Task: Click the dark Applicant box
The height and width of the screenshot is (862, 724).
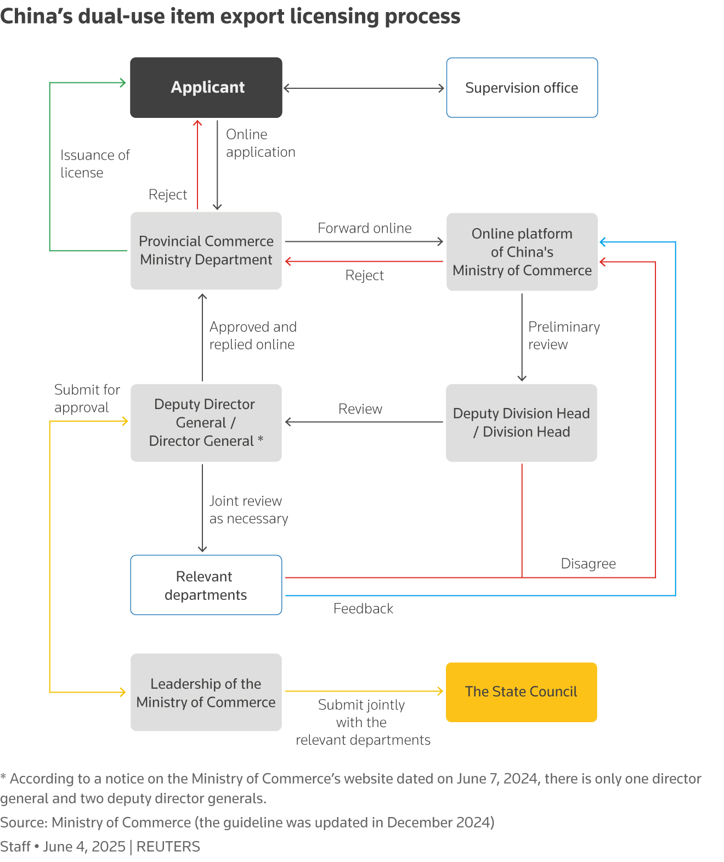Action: point(206,88)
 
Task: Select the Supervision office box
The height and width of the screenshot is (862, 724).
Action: point(522,88)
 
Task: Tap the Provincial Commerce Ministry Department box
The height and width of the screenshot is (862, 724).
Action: point(206,251)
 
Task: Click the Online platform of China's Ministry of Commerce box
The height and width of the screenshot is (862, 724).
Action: point(522,252)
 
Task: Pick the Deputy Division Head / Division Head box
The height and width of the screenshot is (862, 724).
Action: point(521,423)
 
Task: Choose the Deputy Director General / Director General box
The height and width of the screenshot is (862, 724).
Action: point(206,423)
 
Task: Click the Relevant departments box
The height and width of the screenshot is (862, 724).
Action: point(206,585)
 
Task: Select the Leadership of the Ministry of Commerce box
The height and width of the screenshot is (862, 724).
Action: point(206,693)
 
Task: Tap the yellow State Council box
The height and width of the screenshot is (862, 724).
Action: point(521,692)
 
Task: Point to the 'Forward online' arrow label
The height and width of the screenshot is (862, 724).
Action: point(364,228)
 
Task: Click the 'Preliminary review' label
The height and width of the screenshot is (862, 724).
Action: point(563,336)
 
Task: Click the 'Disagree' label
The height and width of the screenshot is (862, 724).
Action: point(588,564)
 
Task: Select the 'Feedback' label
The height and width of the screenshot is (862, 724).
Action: point(363,609)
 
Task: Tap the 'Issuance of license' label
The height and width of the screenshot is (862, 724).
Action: point(94,163)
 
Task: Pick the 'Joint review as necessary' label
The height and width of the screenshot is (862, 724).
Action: point(248,510)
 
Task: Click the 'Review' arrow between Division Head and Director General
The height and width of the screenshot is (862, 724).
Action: point(364,422)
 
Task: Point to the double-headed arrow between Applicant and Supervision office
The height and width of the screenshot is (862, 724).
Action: point(364,88)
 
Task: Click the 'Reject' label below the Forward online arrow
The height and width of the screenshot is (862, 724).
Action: point(364,275)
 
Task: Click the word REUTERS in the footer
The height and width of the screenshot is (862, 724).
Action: point(168,847)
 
